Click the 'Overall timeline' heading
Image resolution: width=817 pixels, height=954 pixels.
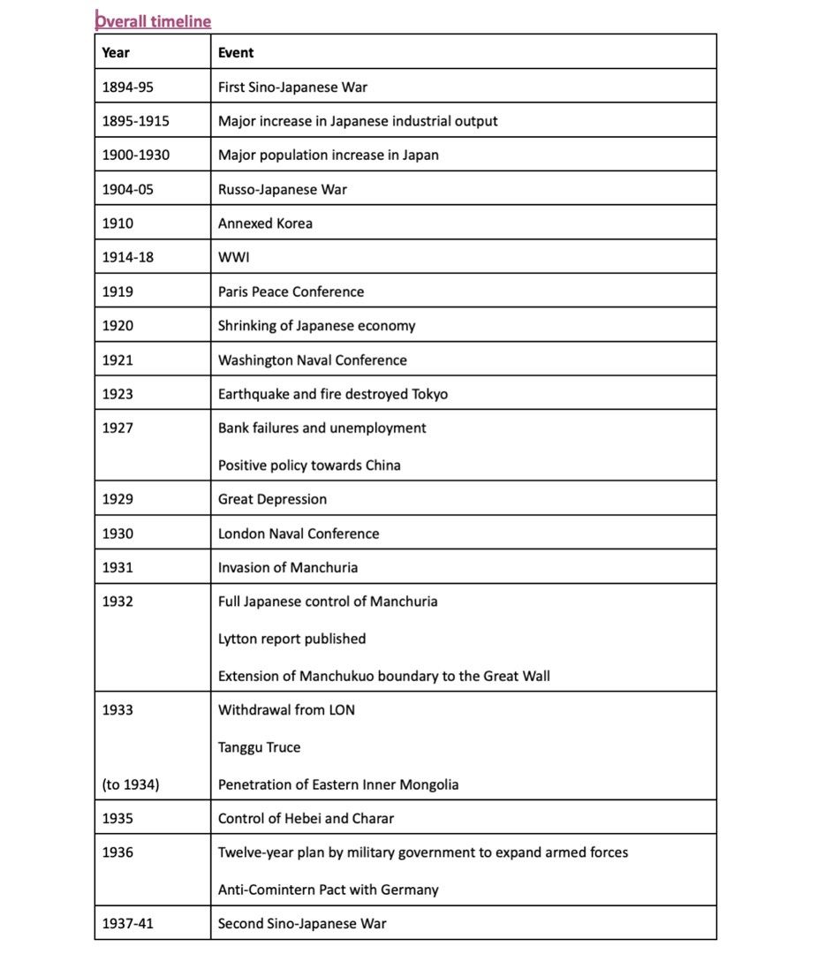pyautogui.click(x=153, y=20)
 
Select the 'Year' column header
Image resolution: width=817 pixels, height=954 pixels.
pyautogui.click(x=116, y=52)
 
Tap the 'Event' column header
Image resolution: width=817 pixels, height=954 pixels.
pyautogui.click(x=236, y=52)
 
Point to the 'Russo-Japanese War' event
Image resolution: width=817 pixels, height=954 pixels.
pyautogui.click(x=283, y=189)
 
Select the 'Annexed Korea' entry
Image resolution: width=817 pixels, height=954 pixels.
pyautogui.click(x=265, y=223)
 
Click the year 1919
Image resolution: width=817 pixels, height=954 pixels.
pyautogui.click(x=117, y=291)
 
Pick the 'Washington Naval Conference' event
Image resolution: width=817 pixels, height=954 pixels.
pyautogui.click(x=313, y=360)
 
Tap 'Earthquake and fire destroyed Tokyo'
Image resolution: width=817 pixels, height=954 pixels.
pyautogui.click(x=333, y=394)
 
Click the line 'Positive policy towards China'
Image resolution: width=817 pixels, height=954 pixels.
pyautogui.click(x=309, y=465)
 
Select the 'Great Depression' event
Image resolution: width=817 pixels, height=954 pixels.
pyautogui.click(x=272, y=499)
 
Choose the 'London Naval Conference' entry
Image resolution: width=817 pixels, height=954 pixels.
pyautogui.click(x=299, y=534)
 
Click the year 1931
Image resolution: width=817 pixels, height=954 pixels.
pyautogui.click(x=117, y=567)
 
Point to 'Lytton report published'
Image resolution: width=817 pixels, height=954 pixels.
pyautogui.click(x=291, y=639)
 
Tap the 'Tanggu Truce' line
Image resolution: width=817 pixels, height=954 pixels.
pyautogui.click(x=259, y=747)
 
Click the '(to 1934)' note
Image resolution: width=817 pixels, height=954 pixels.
pyautogui.click(x=131, y=784)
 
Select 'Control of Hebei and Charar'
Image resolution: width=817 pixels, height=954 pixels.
pyautogui.click(x=306, y=818)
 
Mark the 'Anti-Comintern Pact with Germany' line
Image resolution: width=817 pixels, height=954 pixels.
pyautogui.click(x=329, y=890)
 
